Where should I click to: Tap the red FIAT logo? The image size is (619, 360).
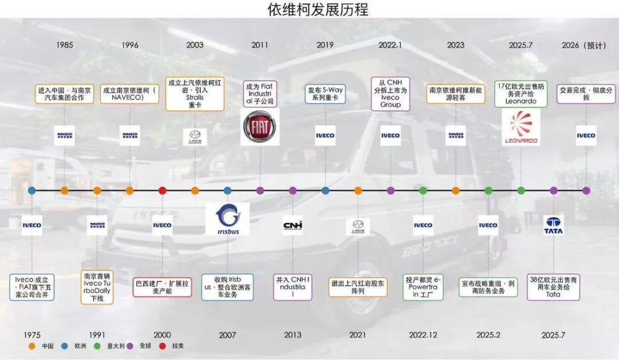point(260,128)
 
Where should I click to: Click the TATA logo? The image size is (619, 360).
point(553,225)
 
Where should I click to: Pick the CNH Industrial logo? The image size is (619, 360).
point(293,225)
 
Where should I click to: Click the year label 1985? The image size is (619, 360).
point(64,45)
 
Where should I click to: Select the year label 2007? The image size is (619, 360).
point(227,335)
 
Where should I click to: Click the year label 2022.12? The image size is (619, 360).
point(423,335)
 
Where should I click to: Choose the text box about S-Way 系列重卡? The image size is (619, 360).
point(326,93)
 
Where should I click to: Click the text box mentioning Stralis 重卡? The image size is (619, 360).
point(195,93)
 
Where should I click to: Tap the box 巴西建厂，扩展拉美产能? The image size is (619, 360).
point(162,287)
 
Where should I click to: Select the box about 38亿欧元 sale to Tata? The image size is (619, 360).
point(553,287)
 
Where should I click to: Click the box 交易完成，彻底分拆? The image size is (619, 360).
point(586,93)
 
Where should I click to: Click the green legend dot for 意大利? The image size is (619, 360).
point(97,346)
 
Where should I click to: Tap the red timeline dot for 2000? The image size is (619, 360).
point(162,190)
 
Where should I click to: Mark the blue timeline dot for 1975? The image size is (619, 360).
point(32,190)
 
